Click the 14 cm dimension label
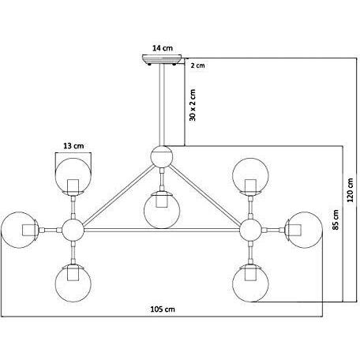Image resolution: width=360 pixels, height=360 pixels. pos(163,48)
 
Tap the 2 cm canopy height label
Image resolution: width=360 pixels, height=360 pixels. pos(197,66)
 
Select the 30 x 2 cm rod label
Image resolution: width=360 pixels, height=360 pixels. pos(193,105)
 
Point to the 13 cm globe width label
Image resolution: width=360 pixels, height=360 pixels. pos(73,145)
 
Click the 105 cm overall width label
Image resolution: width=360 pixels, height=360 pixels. pos(163,309)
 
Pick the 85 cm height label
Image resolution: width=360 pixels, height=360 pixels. pos(336,219)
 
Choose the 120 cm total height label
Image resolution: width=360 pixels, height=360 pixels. pos(350,190)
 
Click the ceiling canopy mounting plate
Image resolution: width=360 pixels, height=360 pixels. pos(162,59)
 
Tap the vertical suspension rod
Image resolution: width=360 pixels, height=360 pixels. pos(162,105)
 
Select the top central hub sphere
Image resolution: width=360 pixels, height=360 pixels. pos(162,156)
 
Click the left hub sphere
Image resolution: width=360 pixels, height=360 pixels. pos(73,230)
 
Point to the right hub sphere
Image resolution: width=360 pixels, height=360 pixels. pos(250,230)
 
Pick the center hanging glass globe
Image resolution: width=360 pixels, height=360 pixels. pos(162,210)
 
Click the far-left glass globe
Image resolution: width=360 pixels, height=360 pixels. pos(20,230)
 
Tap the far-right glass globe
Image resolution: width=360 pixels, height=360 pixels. pos(304,230)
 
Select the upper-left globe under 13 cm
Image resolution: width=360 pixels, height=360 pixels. pos(73,176)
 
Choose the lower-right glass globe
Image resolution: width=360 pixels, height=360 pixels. pos(250,283)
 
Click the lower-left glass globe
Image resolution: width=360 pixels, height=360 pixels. pos(73,283)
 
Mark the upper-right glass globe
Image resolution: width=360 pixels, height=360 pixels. pos(250,176)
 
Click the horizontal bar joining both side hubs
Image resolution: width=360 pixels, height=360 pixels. pos(162,230)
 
